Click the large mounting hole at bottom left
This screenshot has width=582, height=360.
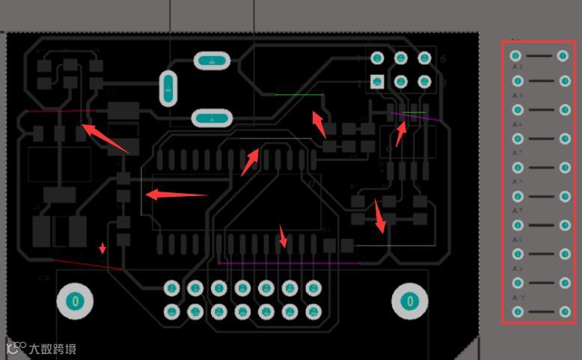pyautogui.click(x=75, y=301)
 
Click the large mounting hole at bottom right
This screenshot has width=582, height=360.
pyautogui.click(x=409, y=301)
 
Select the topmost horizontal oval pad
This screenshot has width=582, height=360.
pyautogui.click(x=212, y=61)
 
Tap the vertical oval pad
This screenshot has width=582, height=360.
pyautogui.click(x=169, y=89)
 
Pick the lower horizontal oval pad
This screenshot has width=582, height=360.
pyautogui.click(x=212, y=118)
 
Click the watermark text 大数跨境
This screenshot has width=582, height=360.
pyautogui.click(x=52, y=349)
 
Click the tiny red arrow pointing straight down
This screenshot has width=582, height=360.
pyautogui.click(x=103, y=248)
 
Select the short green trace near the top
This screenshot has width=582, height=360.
pyautogui.click(x=299, y=95)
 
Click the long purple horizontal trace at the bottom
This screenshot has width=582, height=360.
pyautogui.click(x=288, y=263)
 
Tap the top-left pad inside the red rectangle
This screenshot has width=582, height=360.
pyautogui.click(x=515, y=55)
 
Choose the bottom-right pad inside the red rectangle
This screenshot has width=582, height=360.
pyautogui.click(x=563, y=311)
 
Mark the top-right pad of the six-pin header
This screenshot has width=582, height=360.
pyautogui.click(x=425, y=58)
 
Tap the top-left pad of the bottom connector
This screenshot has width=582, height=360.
pyautogui.click(x=172, y=287)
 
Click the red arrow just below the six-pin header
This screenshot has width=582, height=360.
pyautogui.click(x=401, y=132)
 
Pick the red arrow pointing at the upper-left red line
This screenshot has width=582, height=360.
pyautogui.click(x=105, y=138)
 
